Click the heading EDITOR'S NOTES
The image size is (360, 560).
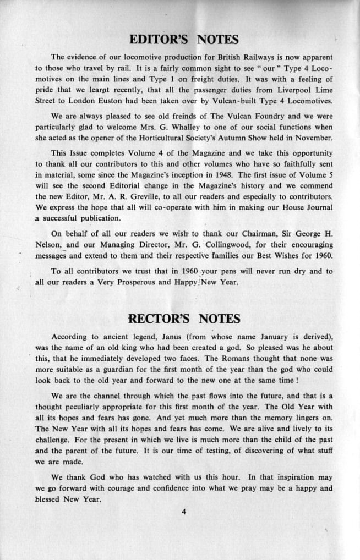tap(184, 40)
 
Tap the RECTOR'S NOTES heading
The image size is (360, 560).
tap(184, 319)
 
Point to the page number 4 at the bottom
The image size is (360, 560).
tap(184, 512)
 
